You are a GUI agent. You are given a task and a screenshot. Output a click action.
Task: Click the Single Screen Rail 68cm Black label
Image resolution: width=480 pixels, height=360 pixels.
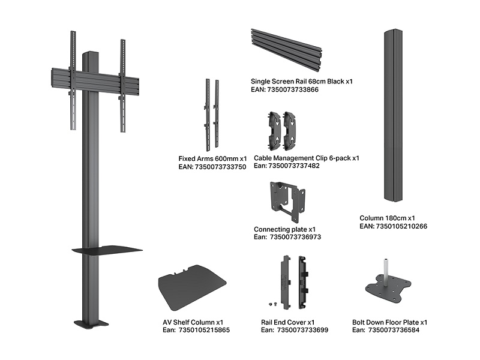[301, 81]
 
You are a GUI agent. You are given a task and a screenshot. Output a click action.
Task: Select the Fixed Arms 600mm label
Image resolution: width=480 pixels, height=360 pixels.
[212, 159]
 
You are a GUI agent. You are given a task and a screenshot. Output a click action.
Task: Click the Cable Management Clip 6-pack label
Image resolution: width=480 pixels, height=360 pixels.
[306, 158]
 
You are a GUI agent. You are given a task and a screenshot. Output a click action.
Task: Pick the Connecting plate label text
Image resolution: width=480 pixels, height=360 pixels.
[284, 229]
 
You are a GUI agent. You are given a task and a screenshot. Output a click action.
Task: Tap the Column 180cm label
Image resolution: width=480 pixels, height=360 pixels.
[387, 218]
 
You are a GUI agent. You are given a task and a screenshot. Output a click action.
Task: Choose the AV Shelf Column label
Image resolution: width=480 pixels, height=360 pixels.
[193, 322]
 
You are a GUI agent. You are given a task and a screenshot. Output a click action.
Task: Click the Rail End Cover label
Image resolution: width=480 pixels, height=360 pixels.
[288, 322]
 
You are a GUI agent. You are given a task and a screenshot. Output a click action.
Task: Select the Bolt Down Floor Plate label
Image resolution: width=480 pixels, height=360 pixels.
[389, 322]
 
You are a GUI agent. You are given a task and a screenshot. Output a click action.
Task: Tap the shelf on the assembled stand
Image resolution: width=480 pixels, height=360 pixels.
[107, 250]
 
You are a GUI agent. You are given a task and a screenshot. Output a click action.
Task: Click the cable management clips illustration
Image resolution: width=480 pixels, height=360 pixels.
[282, 130]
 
